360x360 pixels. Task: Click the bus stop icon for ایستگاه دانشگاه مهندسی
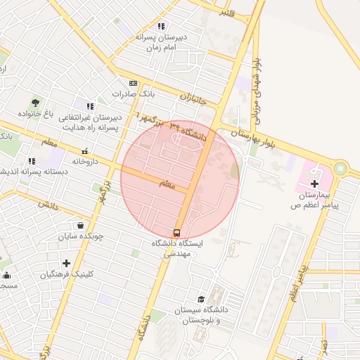(176, 232)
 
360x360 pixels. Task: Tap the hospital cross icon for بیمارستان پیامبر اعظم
(314, 183)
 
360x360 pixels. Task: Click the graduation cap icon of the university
(201, 300)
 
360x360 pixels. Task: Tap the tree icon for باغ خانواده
(36, 103)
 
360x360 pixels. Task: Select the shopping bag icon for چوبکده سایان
(81, 226)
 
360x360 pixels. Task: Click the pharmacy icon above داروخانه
(85, 150)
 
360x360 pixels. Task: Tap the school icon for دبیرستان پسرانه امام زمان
(161, 26)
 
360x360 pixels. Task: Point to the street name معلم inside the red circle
(166, 184)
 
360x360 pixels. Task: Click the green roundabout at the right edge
(342, 169)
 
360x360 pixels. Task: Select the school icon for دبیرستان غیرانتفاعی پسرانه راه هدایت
(89, 106)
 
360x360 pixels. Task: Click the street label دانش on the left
(48, 206)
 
